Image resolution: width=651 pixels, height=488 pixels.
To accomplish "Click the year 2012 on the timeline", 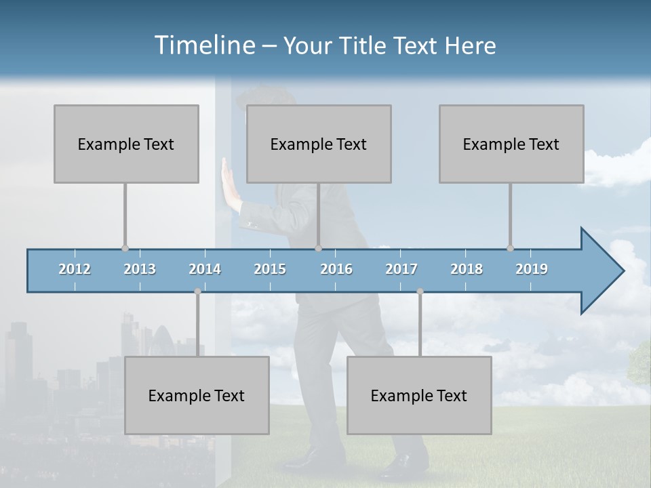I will [x=75, y=269].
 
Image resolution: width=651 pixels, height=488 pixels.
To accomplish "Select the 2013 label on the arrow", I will [x=140, y=269].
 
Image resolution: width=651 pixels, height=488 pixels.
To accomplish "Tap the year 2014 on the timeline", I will [x=205, y=269].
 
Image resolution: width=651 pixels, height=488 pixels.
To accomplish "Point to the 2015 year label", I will [x=270, y=269].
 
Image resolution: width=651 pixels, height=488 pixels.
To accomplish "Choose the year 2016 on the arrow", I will [x=336, y=269].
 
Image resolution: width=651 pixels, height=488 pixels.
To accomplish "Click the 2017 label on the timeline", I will [x=401, y=269].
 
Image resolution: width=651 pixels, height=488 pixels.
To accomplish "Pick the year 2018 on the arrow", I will [x=467, y=269].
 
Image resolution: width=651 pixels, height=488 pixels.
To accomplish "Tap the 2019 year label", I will [x=532, y=269].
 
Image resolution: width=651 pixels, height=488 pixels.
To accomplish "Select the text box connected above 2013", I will [x=126, y=144].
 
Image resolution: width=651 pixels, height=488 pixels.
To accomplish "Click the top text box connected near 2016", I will [x=319, y=144].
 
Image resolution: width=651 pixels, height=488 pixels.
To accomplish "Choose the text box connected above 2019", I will [x=511, y=144].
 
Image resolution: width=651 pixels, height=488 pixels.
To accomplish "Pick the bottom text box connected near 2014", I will [x=197, y=395].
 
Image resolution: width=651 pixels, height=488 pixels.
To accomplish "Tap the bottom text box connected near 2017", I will [x=419, y=395].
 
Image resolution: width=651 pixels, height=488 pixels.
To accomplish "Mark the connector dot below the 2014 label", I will [x=197, y=291].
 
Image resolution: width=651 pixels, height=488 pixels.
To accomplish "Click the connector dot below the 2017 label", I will [x=420, y=291].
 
